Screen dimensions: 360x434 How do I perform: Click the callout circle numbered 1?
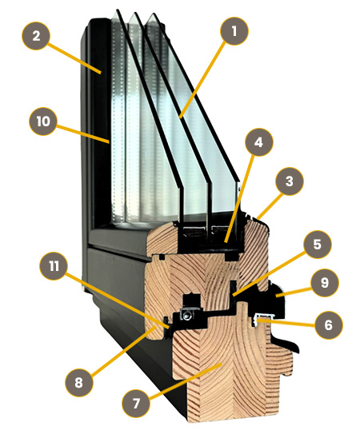coord(234,31)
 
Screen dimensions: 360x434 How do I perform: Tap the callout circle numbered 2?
coord(36,36)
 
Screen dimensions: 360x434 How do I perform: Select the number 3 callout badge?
coord(290,181)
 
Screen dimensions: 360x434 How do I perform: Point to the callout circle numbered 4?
coord(259,142)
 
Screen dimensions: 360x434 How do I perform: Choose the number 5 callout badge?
coord(318,245)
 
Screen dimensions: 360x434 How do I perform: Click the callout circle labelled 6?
coord(329,325)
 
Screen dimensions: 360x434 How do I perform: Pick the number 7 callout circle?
coord(136,403)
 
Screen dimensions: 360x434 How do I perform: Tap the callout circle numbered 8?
coord(79,383)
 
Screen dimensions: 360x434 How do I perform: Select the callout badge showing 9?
coord(325,283)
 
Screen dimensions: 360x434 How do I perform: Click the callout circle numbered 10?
coord(43,121)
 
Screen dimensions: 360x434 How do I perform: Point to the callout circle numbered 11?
coord(54,266)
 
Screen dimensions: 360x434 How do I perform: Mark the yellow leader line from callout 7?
coord(185,382)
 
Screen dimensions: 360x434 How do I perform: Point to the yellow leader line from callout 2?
coord(74,58)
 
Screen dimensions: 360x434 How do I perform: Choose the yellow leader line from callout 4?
coord(240,198)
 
